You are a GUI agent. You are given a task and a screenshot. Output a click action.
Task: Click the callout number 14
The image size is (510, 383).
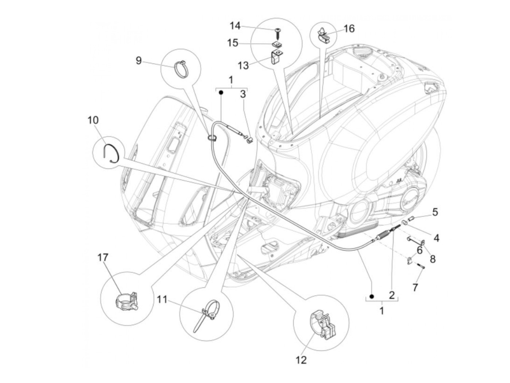235,26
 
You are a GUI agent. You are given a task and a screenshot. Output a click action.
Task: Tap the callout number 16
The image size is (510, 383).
349,28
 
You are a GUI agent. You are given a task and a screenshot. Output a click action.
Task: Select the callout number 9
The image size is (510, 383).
138,60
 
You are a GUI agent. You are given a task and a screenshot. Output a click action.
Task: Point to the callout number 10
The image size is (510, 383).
93,120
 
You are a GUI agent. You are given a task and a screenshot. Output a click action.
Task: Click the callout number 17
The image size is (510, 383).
103,257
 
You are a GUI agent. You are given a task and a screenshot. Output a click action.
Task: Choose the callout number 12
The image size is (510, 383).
301,360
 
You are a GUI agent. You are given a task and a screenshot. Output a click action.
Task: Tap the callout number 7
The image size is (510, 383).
415,287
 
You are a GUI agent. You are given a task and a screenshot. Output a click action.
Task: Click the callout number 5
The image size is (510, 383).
435,212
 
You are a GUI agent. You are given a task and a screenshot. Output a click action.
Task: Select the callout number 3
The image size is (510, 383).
243,94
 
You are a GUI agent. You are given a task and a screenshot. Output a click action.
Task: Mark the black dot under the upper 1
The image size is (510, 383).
221,93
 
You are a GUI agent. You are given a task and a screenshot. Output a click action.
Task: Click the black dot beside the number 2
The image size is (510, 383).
372,296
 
